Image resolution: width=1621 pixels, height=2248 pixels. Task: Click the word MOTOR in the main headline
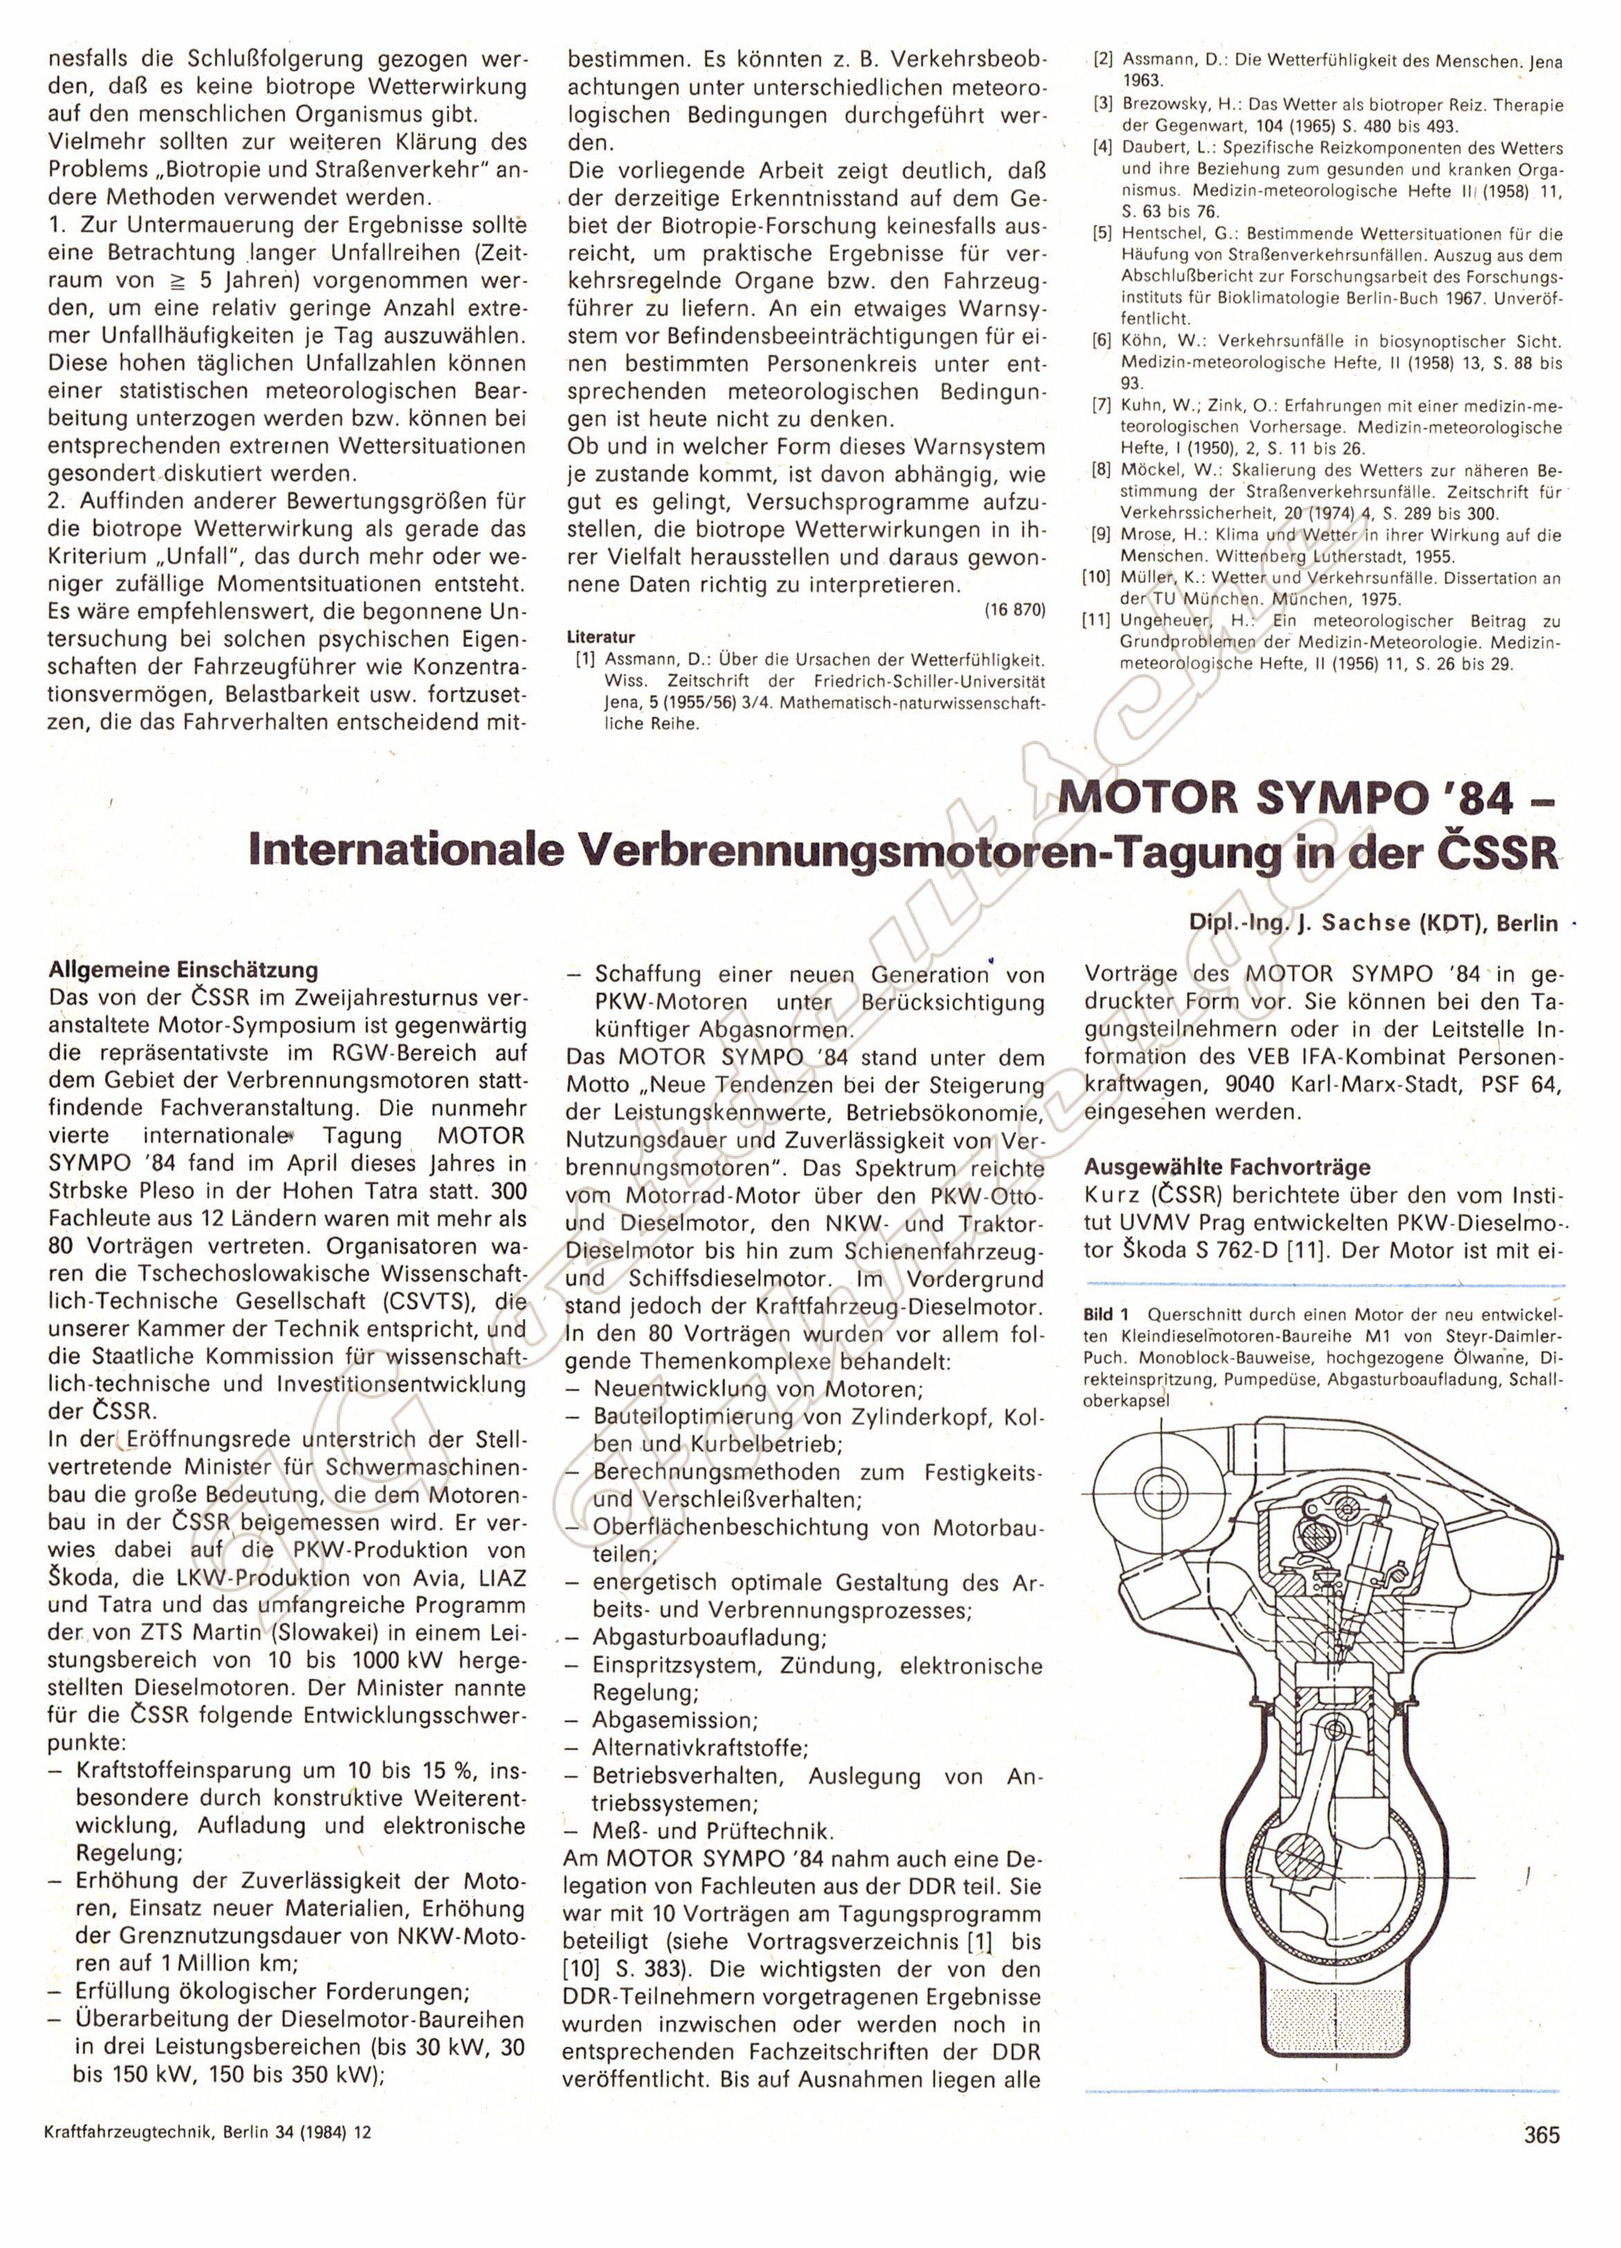tap(1141, 798)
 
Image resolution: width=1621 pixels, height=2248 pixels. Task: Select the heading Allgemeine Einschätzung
tap(183, 969)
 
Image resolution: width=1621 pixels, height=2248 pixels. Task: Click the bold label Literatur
tap(601, 637)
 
